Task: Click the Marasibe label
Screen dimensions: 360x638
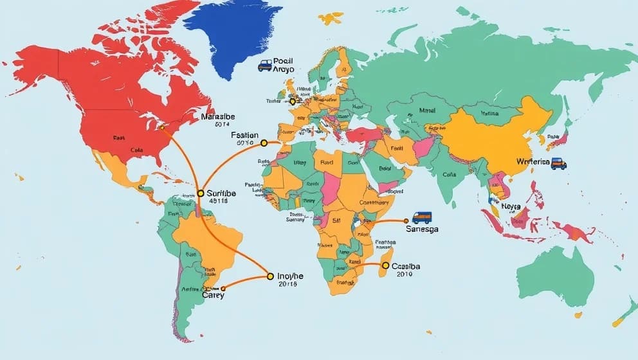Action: click(219, 117)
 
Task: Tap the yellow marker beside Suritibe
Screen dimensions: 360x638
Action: click(201, 193)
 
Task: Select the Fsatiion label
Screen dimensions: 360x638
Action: click(244, 136)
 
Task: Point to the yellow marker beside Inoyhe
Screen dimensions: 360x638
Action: click(270, 277)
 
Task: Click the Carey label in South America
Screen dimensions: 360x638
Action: click(214, 295)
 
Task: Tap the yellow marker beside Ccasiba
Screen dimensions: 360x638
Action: click(385, 265)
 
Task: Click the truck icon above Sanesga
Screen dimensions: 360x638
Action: click(422, 217)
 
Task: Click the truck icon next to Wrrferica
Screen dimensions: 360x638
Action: click(559, 163)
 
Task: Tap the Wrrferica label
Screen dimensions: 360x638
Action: click(533, 162)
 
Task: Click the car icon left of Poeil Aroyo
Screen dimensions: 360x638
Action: click(264, 65)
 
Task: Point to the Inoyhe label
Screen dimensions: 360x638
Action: click(289, 276)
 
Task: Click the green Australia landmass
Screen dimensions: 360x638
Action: click(556, 277)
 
